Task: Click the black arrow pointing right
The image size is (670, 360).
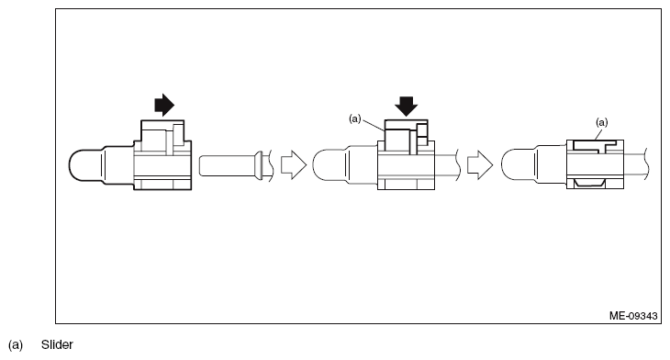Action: pos(162,106)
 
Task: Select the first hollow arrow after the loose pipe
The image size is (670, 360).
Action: pos(291,166)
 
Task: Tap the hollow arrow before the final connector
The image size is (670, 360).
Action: pos(480,166)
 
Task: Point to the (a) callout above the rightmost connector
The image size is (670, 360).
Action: pos(602,120)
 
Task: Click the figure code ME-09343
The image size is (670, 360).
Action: pos(632,314)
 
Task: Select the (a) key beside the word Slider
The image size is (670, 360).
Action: pos(16,344)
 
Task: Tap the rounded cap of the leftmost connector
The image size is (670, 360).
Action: pos(85,167)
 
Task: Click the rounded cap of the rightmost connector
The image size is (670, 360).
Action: pos(519,167)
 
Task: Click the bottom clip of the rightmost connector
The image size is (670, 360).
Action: pos(591,185)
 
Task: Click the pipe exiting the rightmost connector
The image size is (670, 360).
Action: pos(638,166)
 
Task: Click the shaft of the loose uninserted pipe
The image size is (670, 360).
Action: pos(225,166)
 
